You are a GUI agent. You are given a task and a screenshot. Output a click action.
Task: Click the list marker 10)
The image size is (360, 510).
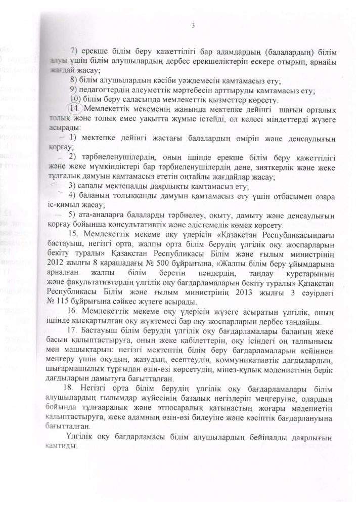75,98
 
